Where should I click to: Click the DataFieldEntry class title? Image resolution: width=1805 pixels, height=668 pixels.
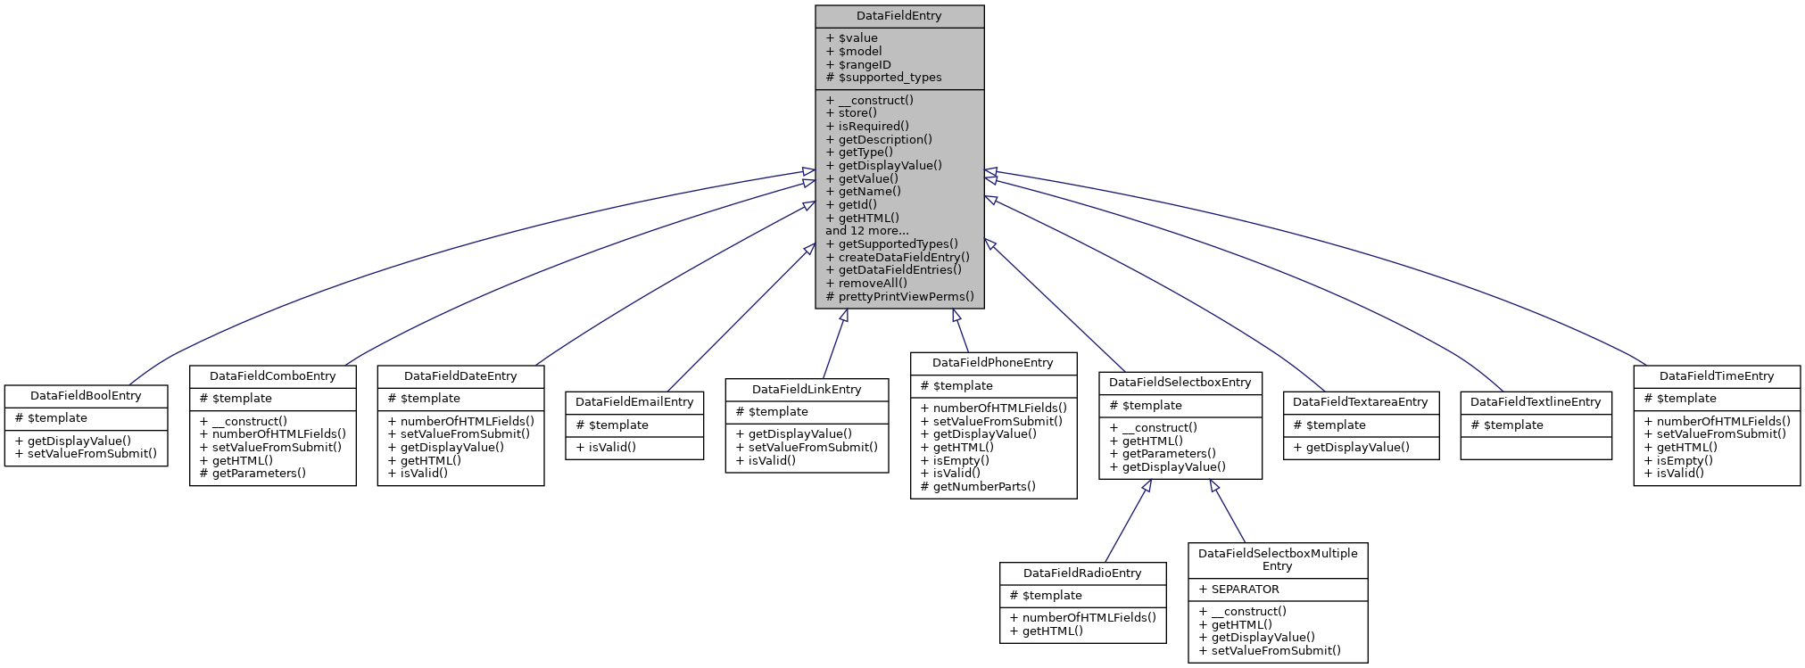click(x=898, y=16)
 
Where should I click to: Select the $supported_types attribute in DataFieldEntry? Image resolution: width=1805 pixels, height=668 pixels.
click(x=890, y=78)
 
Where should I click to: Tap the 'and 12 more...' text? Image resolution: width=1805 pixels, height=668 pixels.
click(x=866, y=231)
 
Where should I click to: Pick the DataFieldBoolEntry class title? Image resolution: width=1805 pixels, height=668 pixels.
click(x=86, y=396)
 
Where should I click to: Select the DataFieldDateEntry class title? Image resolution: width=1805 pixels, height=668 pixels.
click(x=460, y=376)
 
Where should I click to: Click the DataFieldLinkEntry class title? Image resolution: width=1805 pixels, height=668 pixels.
click(x=807, y=390)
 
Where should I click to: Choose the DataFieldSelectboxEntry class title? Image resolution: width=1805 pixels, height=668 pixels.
click(x=1180, y=383)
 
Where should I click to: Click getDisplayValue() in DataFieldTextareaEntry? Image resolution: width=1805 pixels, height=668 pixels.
click(x=1357, y=448)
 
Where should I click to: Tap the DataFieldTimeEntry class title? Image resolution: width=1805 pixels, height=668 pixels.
click(x=1717, y=376)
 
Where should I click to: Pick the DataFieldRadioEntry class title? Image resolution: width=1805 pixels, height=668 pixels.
click(x=1082, y=573)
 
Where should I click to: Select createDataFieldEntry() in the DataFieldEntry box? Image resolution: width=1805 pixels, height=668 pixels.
click(x=903, y=257)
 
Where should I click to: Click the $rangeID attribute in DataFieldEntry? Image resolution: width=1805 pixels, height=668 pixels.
click(x=864, y=65)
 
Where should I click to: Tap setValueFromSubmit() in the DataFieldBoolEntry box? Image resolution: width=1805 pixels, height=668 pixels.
click(x=92, y=454)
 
